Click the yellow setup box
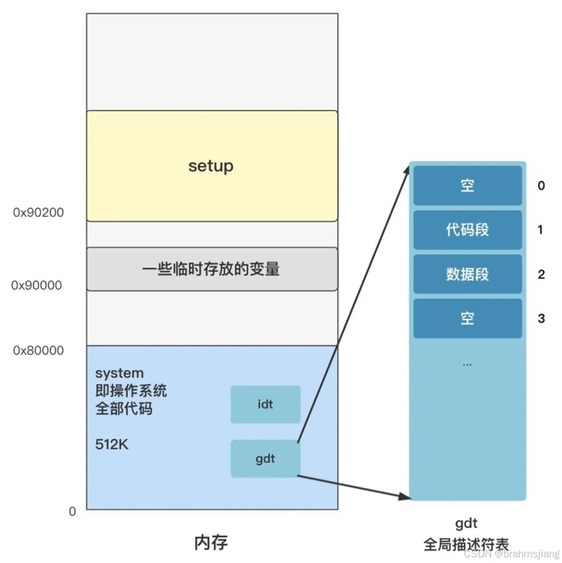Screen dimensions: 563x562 click(211, 166)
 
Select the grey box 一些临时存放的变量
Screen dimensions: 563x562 click(211, 270)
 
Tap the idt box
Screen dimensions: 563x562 click(265, 404)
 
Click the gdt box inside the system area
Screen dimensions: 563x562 click(265, 458)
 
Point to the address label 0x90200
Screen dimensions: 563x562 click(38, 213)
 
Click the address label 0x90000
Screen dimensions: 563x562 click(37, 285)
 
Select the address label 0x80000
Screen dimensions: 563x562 click(38, 350)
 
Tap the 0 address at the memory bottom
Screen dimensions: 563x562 click(72, 511)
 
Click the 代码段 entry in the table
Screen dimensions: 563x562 click(467, 230)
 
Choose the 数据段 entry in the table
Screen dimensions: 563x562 click(467, 274)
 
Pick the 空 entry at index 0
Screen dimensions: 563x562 click(467, 186)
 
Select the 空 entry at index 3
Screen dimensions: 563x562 click(467, 318)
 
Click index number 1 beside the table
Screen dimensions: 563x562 click(541, 230)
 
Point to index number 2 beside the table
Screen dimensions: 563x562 click(541, 275)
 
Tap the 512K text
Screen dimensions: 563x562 click(112, 445)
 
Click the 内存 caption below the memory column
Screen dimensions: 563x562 click(211, 542)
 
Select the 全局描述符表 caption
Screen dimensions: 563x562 click(466, 544)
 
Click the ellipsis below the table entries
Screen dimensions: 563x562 click(467, 364)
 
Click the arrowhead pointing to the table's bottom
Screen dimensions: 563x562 click(407, 498)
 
